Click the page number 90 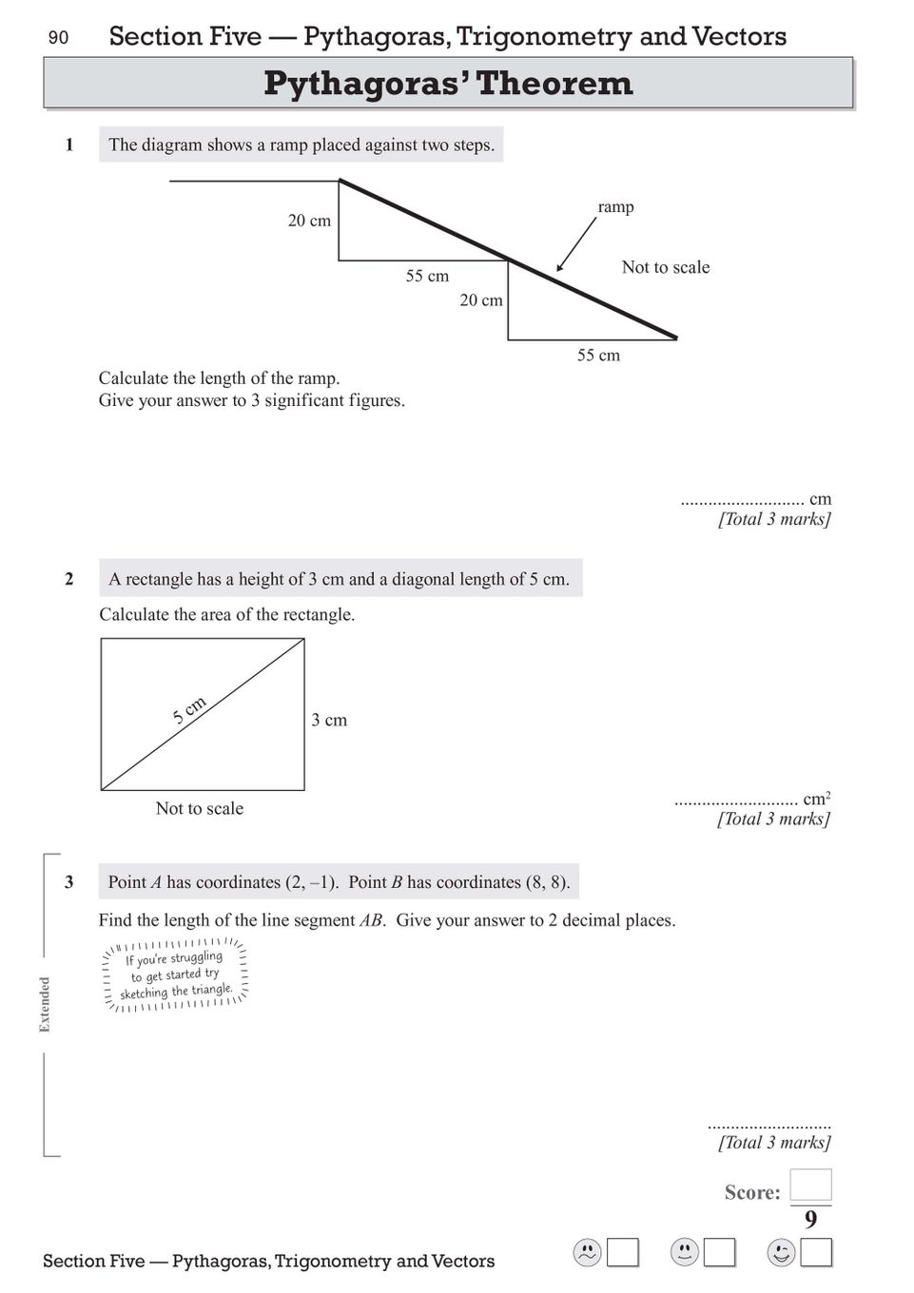coord(58,37)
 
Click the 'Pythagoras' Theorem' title coord(448,83)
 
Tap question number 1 coord(68,145)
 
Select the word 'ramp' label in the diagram coord(615,206)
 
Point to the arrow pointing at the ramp coord(574,246)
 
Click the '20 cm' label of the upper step coord(309,221)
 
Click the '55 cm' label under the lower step coord(598,356)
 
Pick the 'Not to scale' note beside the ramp coord(665,267)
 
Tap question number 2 coord(68,579)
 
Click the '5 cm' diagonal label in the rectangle coord(189,710)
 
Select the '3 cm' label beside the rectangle coord(329,720)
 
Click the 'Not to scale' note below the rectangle coord(199,808)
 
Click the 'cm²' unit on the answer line coord(816,799)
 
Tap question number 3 coord(68,881)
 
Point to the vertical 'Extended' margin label coord(45,1004)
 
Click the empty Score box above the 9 coord(810,1185)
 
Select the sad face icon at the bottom coord(587,1253)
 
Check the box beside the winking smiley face coord(816,1253)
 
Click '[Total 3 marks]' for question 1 coord(774,519)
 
